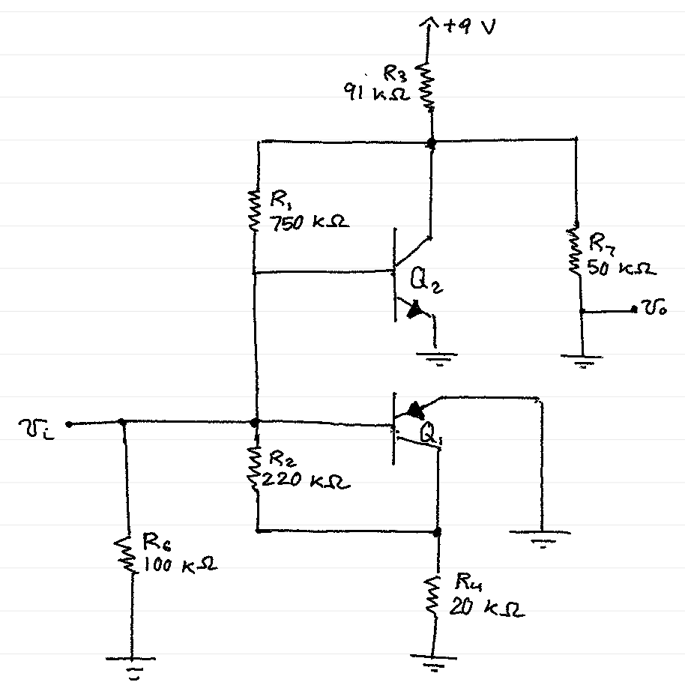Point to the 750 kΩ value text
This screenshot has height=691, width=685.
(x=307, y=223)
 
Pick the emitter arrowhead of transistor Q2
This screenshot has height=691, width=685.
(x=414, y=309)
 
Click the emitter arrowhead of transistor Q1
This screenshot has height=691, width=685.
(x=413, y=409)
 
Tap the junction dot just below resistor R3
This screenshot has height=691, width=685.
(x=432, y=141)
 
